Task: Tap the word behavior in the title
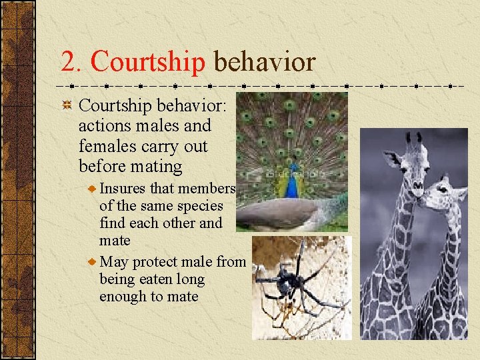click(264, 62)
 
